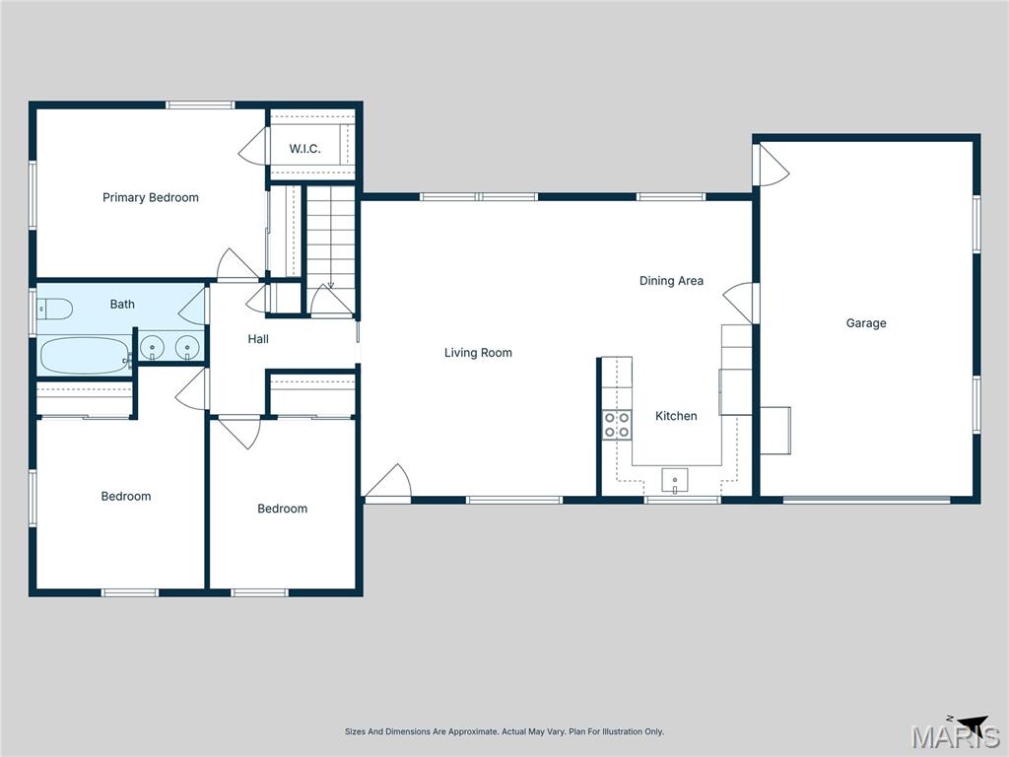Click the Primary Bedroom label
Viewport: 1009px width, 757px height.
tap(151, 197)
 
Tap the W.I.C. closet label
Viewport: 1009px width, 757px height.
tap(304, 149)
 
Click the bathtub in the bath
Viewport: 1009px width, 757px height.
tap(85, 356)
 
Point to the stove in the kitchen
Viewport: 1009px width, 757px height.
tap(617, 425)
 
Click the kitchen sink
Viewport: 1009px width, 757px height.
tap(675, 481)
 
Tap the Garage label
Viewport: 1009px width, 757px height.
tap(866, 323)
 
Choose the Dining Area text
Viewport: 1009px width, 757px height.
tap(671, 281)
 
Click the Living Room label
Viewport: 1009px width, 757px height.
tap(478, 353)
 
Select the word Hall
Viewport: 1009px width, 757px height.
tap(258, 339)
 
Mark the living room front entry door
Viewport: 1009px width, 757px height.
tap(388, 482)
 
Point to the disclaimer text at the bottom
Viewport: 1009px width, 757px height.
tap(504, 731)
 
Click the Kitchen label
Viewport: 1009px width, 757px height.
tap(676, 416)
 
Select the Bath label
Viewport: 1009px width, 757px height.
tap(122, 305)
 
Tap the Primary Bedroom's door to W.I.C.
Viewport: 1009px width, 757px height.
tap(253, 147)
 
